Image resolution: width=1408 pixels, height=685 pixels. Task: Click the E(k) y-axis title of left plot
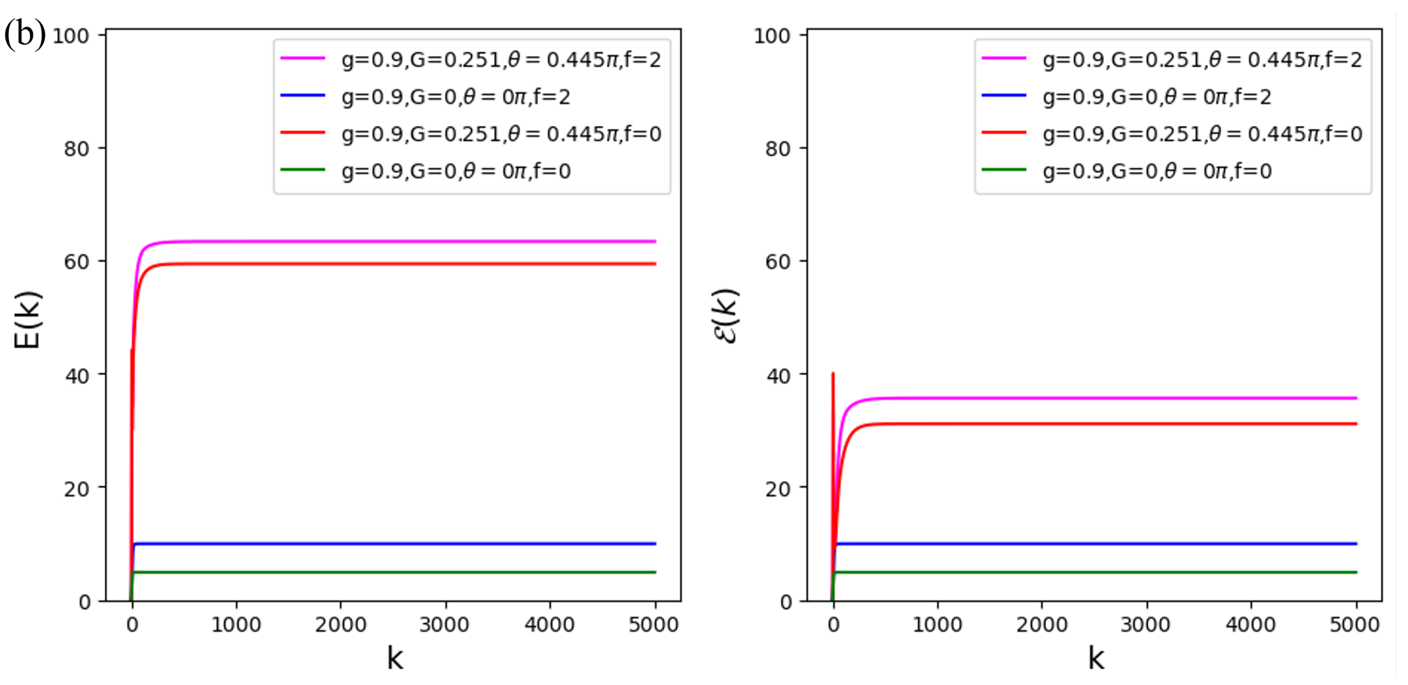tap(28, 320)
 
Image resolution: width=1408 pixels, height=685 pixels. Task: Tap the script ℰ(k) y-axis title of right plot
tap(726, 316)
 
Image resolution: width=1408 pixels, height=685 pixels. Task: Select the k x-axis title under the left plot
tap(394, 658)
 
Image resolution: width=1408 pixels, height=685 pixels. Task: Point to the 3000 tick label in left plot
tap(444, 624)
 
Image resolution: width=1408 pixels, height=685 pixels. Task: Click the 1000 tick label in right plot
tap(938, 624)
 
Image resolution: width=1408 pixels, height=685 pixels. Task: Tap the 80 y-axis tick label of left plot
tap(76, 149)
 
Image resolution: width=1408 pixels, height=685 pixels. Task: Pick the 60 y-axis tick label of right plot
tap(778, 262)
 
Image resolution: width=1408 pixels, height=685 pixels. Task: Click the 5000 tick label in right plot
tap(1354, 624)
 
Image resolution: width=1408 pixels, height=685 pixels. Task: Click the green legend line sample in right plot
tap(1003, 170)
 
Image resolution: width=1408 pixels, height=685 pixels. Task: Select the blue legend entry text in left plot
tap(456, 97)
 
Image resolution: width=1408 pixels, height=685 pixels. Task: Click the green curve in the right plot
tap(1093, 572)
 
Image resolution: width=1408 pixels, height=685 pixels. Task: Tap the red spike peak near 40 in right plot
tap(833, 374)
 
